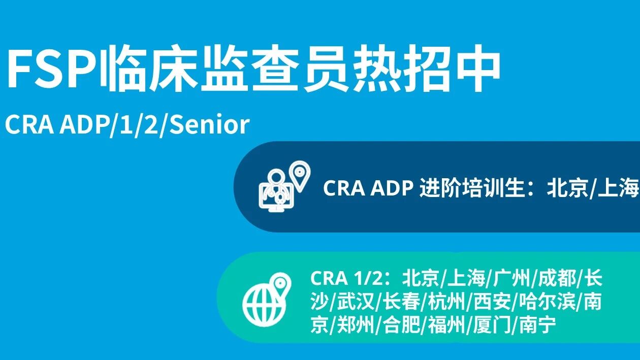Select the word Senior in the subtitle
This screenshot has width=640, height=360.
(x=210, y=124)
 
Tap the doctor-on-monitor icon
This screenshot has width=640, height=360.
(x=276, y=190)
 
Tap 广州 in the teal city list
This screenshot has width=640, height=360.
(x=511, y=278)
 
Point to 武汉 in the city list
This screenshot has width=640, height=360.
(x=356, y=302)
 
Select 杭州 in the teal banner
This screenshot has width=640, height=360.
(x=447, y=302)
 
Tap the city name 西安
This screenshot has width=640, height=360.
(x=492, y=302)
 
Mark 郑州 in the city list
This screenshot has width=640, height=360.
(x=356, y=325)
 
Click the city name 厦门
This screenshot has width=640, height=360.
(x=492, y=325)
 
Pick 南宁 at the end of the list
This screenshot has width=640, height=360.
(x=538, y=325)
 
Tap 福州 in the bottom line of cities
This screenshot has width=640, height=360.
(x=447, y=325)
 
